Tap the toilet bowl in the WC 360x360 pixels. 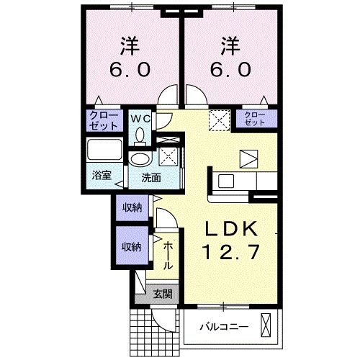pyautogui.click(x=140, y=135)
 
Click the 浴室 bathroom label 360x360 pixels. pyautogui.click(x=100, y=176)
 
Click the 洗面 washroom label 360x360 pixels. pyautogui.click(x=150, y=176)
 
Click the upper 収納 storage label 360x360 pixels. pyautogui.click(x=130, y=208)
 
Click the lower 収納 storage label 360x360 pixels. pyautogui.click(x=130, y=246)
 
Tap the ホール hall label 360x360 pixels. pyautogui.click(x=167, y=256)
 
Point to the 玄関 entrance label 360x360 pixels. pyautogui.click(x=162, y=294)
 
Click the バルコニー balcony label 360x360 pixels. pyautogui.click(x=224, y=327)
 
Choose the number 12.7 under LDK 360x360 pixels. pyautogui.click(x=230, y=253)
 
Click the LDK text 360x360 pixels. pyautogui.click(x=230, y=228)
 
